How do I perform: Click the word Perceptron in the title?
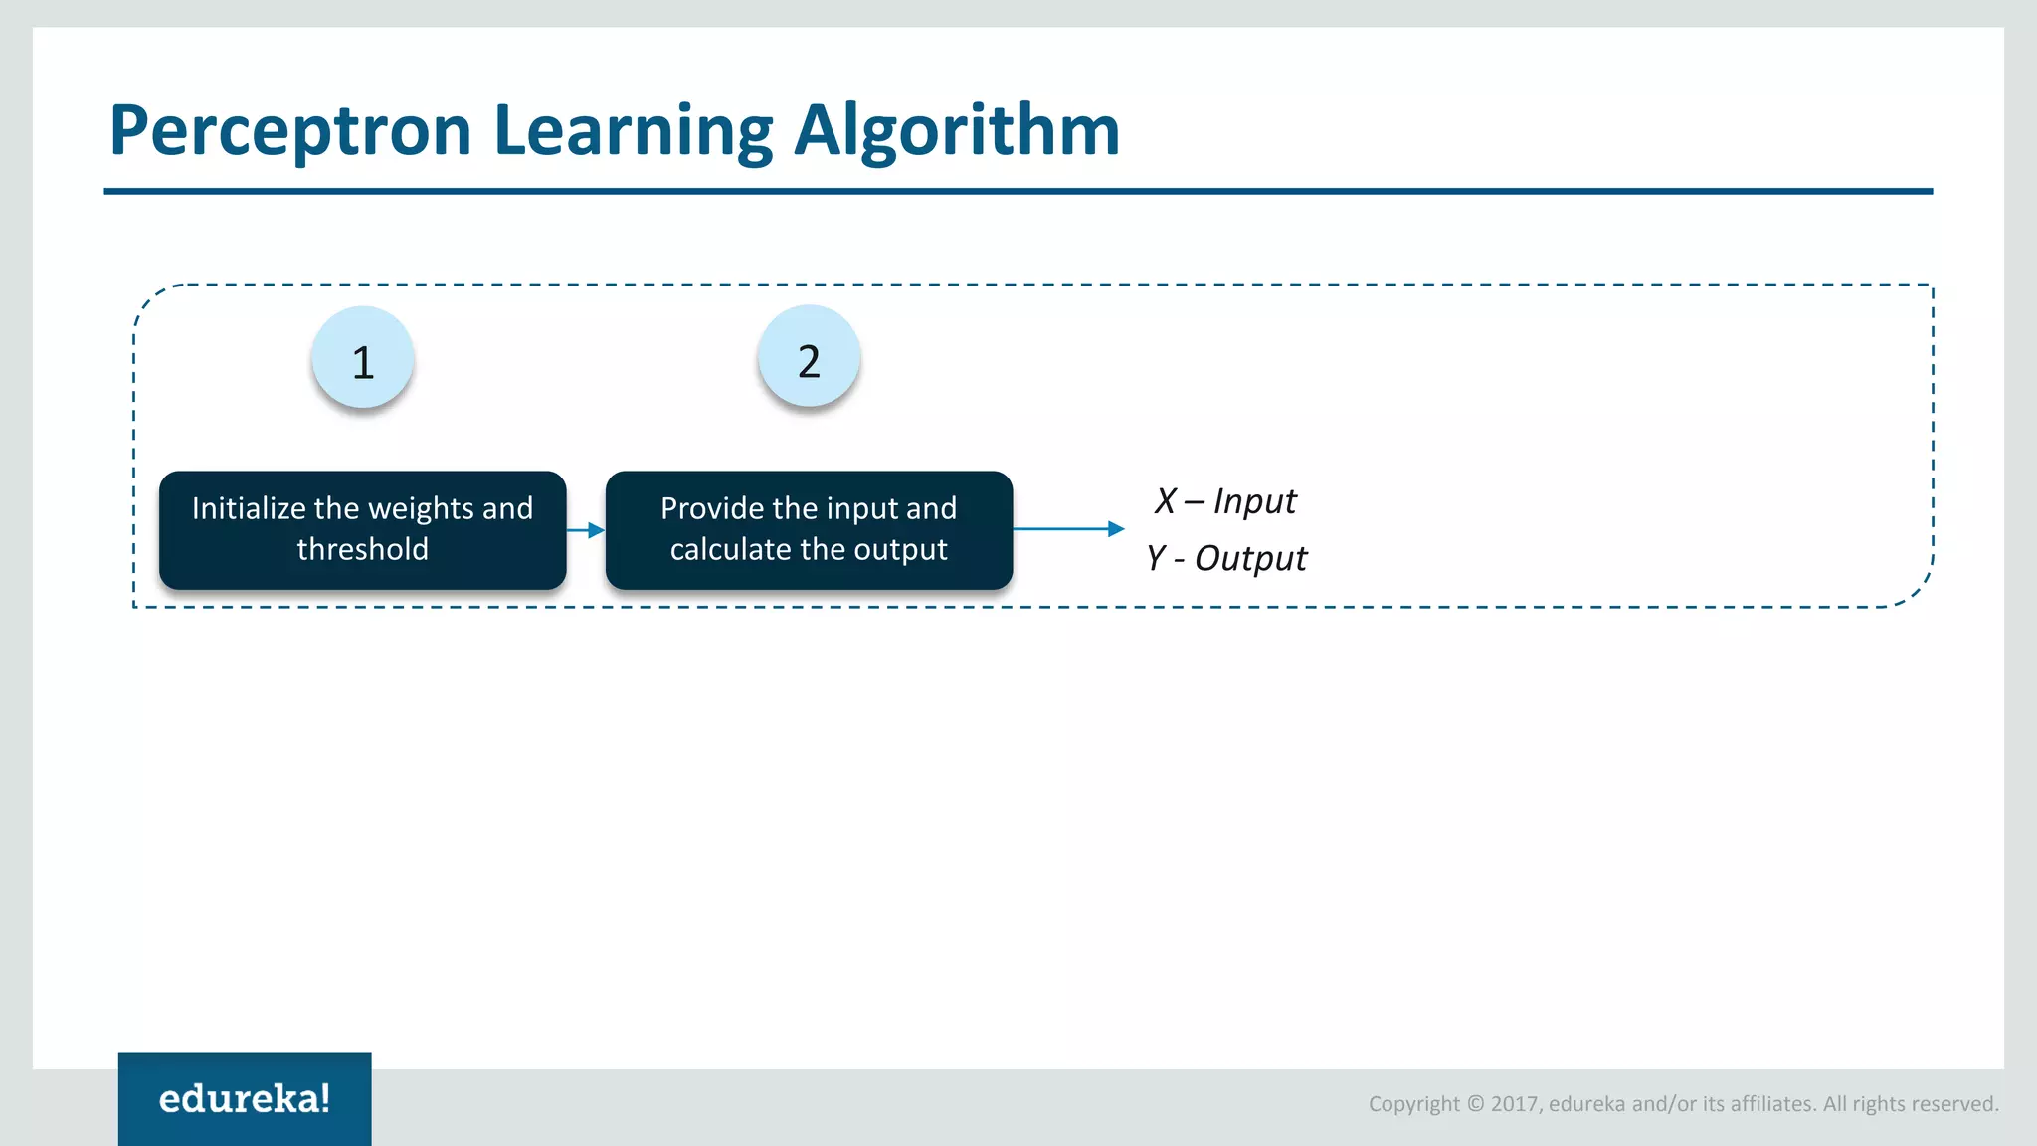289,131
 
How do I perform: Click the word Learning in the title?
633,131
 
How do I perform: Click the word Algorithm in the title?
957,131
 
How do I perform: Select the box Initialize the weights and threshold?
362,529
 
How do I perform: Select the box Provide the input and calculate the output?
809,529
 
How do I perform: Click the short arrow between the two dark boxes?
586,530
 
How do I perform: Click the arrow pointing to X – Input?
1068,529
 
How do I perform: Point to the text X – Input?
1225,501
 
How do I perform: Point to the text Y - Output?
1226,558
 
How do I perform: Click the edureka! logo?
245,1098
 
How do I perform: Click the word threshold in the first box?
362,549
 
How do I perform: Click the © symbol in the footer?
1475,1103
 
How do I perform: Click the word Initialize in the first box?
249,508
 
